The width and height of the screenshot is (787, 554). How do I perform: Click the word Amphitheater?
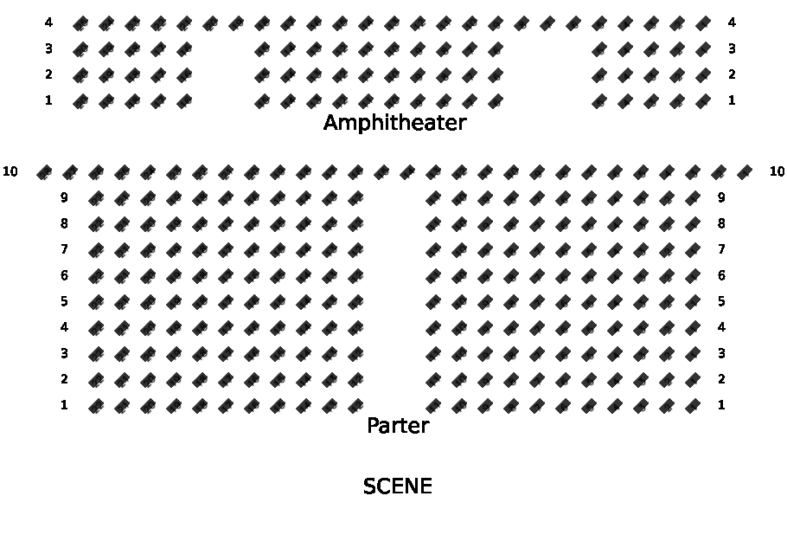coord(395,123)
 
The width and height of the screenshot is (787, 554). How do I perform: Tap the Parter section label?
coord(398,425)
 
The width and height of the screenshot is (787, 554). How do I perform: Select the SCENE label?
coord(398,486)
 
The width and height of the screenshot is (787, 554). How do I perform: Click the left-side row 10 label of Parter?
coord(10,171)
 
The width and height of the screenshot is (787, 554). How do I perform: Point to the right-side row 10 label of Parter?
coord(777,171)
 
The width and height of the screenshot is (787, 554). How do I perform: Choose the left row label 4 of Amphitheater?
coord(48,23)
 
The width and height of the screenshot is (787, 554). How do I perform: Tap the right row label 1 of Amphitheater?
coord(732,100)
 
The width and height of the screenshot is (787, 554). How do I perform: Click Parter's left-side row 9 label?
coord(64,198)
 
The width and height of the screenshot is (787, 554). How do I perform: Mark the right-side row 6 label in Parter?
coord(721,275)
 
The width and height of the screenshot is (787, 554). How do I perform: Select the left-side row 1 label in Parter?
coord(64,405)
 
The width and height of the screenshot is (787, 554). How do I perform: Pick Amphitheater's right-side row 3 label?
coord(732,48)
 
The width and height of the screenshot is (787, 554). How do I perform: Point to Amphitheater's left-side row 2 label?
coord(48,74)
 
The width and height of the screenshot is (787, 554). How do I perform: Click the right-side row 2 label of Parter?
coord(721,379)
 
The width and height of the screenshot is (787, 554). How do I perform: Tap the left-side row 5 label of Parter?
coord(64,301)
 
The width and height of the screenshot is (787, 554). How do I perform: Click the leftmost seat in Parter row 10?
coord(44,172)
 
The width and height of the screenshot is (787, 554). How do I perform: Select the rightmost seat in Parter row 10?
coord(745,172)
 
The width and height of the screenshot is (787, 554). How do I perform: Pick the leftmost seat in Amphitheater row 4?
coord(80,23)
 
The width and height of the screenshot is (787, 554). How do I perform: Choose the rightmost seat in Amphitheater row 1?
coord(703,101)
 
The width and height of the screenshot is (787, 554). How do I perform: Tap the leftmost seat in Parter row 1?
coord(96,405)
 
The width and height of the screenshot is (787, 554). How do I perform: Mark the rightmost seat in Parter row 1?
coord(693,405)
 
